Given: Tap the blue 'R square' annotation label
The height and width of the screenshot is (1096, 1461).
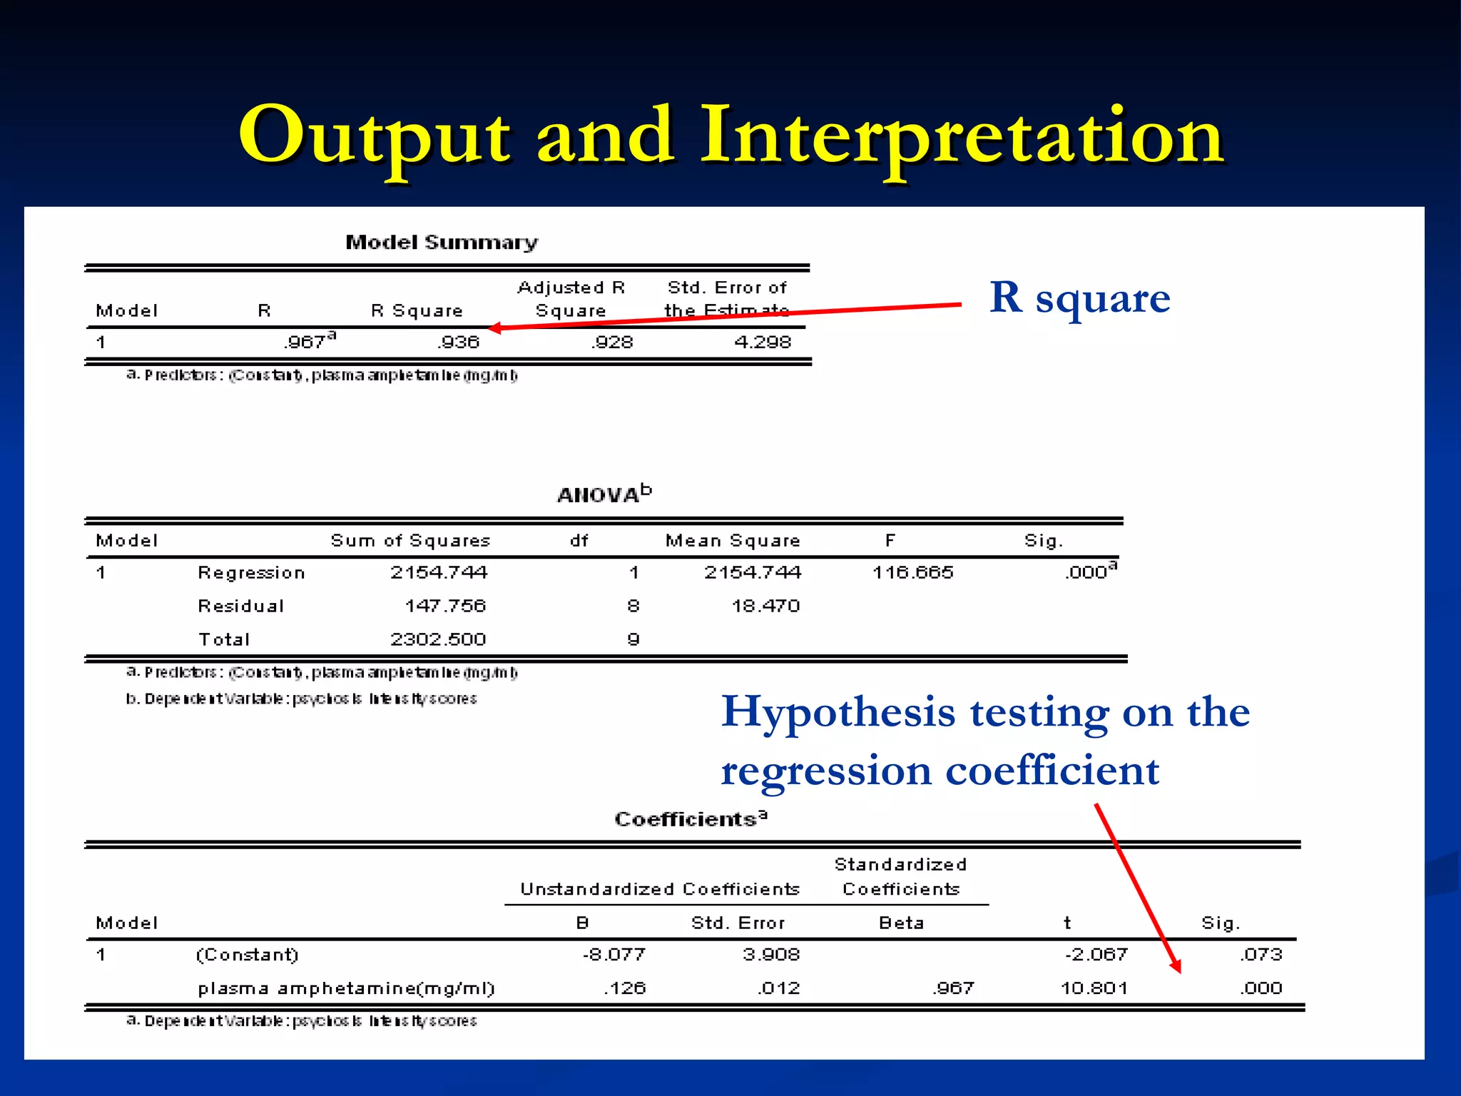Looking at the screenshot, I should (x=1079, y=298).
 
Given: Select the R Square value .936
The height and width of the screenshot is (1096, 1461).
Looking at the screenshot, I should (x=459, y=342).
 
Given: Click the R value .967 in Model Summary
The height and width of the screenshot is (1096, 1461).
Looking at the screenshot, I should (x=307, y=342).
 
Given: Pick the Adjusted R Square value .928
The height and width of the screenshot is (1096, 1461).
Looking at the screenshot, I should (x=612, y=342).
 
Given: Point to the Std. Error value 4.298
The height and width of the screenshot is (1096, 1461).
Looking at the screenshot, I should (x=763, y=342).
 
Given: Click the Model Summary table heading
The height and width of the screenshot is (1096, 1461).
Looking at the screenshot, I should (x=442, y=243).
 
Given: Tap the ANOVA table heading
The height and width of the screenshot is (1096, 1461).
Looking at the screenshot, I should (x=604, y=494).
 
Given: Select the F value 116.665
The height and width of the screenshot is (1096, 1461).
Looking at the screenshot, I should (x=912, y=572).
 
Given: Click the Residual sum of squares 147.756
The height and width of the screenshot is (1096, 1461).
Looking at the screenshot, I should (x=445, y=606).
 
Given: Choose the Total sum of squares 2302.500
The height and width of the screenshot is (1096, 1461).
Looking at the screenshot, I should (x=438, y=639).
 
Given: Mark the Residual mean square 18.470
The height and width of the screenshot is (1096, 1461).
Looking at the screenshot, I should (x=765, y=606).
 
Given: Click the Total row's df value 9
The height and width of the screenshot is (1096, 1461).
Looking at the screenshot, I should (x=633, y=639).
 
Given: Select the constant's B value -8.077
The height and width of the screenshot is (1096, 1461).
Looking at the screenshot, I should (x=614, y=955).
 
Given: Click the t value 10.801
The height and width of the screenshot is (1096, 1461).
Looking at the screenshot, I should (x=1094, y=988).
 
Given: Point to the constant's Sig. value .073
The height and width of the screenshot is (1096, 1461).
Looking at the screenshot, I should (x=1261, y=955).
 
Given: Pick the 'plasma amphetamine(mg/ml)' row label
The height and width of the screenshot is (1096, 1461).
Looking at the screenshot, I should (x=346, y=988).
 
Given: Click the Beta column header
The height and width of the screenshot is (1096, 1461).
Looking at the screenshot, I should (x=901, y=923).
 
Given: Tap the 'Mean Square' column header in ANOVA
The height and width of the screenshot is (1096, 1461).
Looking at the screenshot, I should (x=733, y=541).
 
